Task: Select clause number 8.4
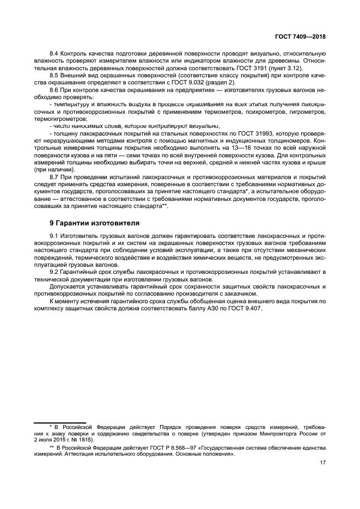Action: pyautogui.click(x=54, y=54)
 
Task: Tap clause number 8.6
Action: pyautogui.click(x=54, y=89)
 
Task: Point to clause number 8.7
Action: pyautogui.click(x=54, y=177)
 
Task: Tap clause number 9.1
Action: pyautogui.click(x=54, y=235)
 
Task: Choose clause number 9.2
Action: pyautogui.click(x=54, y=271)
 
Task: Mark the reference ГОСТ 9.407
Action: pyautogui.click(x=244, y=308)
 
